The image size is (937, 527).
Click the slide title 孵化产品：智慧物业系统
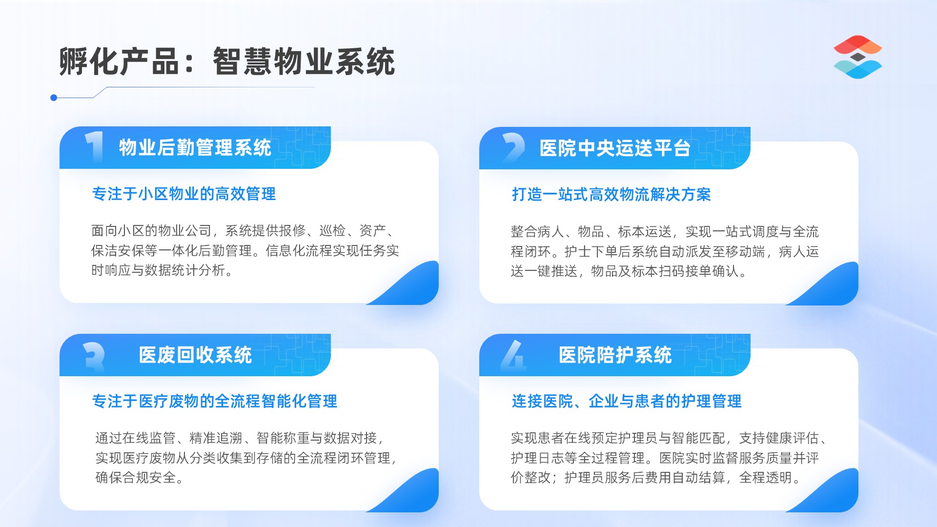[227, 61]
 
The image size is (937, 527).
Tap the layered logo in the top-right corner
[857, 57]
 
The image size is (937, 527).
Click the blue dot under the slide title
[54, 98]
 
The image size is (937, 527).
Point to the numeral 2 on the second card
[513, 147]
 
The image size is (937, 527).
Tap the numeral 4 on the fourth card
[513, 355]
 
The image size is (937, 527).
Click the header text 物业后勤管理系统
[195, 147]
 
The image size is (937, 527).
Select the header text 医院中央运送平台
[615, 148]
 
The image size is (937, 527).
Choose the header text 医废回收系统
[195, 355]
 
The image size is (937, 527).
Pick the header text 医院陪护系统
[615, 355]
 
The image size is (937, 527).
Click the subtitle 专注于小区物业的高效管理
[184, 194]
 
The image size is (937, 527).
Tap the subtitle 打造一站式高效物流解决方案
[611, 194]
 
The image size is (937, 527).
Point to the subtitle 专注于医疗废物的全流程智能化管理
[215, 401]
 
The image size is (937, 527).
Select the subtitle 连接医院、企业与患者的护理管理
[627, 401]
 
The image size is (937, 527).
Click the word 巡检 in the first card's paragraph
[332, 230]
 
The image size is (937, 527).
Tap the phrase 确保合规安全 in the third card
[136, 477]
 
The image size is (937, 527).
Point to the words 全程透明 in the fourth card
[766, 477]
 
